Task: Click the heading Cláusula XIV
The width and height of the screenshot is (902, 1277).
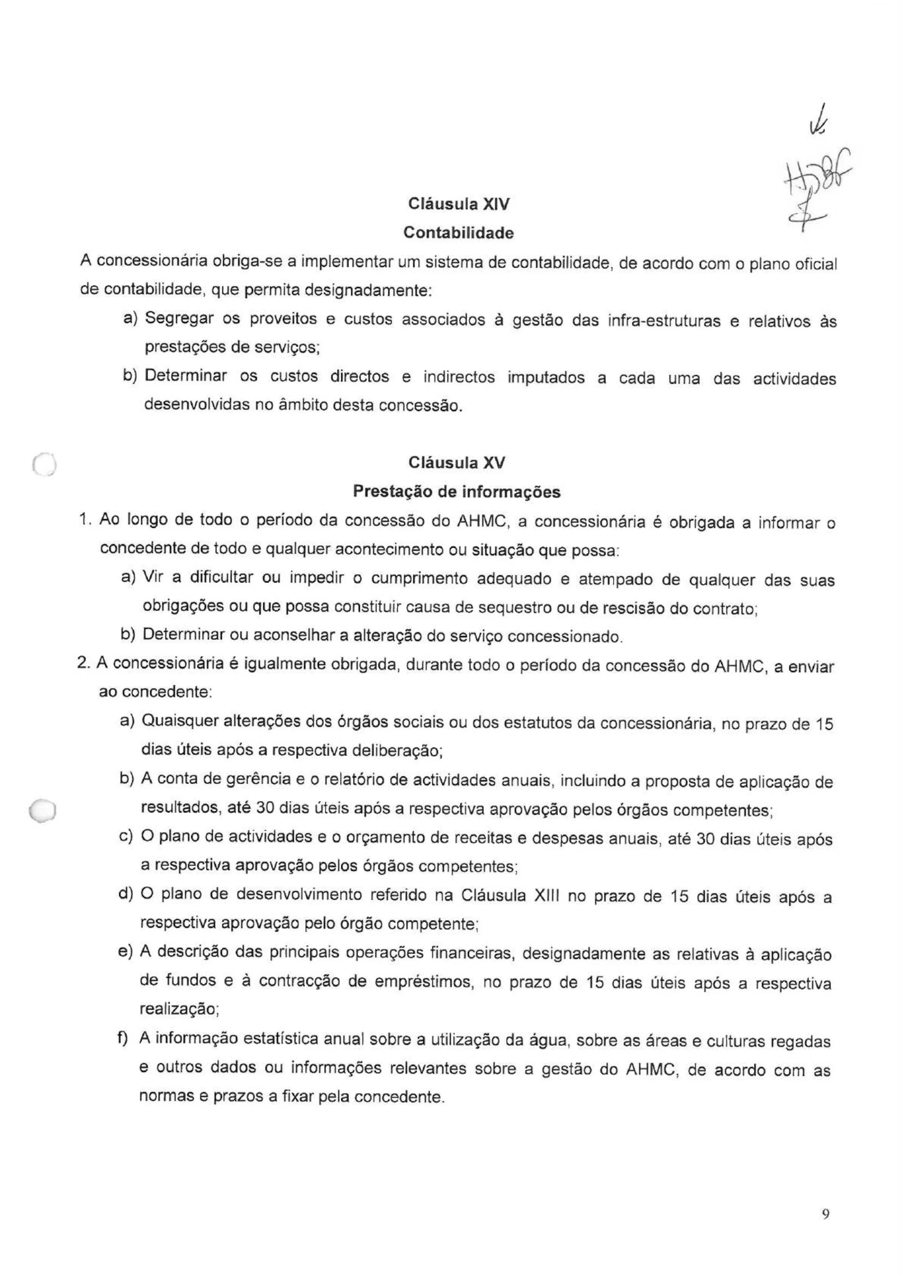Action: click(x=458, y=204)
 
